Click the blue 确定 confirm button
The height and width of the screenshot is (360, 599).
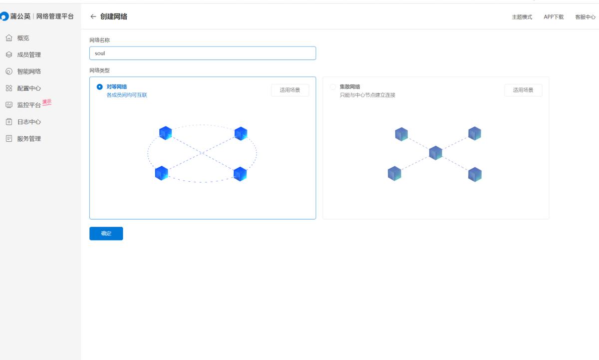click(x=106, y=233)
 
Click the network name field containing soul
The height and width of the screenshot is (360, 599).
click(x=202, y=53)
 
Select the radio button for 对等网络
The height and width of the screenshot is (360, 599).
click(x=100, y=87)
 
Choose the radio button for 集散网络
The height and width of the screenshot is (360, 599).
click(x=333, y=87)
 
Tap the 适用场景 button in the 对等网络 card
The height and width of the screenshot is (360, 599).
click(x=290, y=90)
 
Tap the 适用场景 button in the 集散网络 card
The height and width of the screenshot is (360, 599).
click(x=523, y=90)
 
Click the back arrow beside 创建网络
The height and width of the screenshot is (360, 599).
click(x=93, y=16)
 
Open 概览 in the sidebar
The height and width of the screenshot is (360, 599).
click(x=23, y=38)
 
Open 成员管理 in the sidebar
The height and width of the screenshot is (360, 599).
click(x=28, y=54)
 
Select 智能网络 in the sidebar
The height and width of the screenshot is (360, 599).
click(x=28, y=71)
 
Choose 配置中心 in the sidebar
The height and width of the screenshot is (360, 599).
click(x=28, y=88)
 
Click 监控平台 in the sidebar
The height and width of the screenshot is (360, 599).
click(x=28, y=105)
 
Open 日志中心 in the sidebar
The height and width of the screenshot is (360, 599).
click(x=28, y=122)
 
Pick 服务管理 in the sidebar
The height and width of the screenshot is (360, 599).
click(x=28, y=139)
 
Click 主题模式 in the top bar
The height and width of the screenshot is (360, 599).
click(x=522, y=17)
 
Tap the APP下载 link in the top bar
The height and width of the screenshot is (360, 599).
click(x=554, y=17)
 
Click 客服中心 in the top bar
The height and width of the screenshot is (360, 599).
click(x=585, y=17)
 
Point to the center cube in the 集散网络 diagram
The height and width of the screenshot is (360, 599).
click(x=436, y=153)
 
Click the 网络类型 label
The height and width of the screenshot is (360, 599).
click(x=99, y=70)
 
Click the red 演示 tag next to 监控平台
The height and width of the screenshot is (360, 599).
click(x=47, y=102)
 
